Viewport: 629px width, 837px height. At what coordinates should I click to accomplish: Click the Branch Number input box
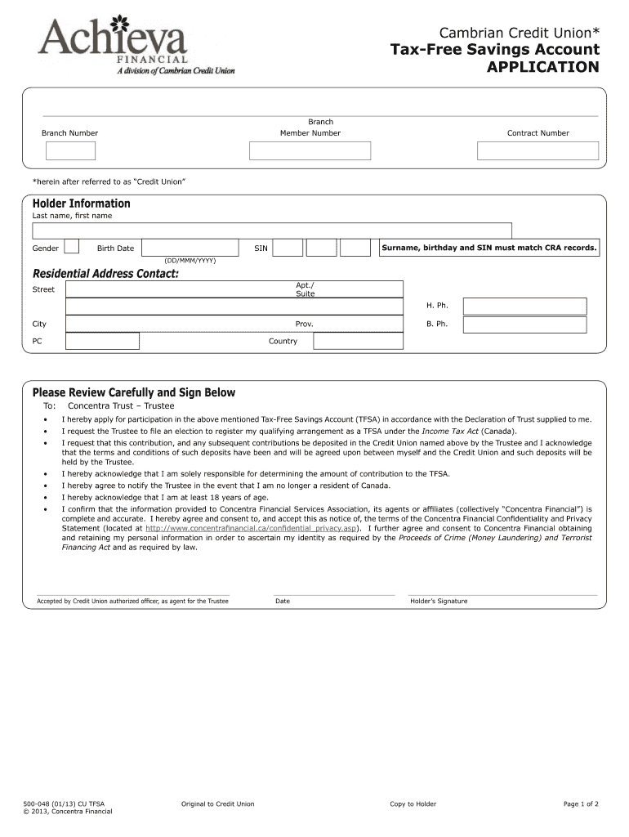(x=70, y=150)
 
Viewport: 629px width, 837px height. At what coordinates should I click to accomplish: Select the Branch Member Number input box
(x=310, y=150)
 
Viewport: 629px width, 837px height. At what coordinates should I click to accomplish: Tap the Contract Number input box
(x=538, y=150)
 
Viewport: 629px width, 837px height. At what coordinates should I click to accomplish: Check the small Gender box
(x=72, y=247)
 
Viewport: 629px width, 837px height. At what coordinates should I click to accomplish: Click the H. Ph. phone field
(x=524, y=306)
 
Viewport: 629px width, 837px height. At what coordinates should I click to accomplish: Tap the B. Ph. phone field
(x=524, y=325)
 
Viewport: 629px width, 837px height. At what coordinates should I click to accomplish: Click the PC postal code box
(x=102, y=341)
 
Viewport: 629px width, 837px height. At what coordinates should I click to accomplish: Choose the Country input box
(x=359, y=341)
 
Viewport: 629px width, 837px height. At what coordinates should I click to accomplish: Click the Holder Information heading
(x=81, y=204)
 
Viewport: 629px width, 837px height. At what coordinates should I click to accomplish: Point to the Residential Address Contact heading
(x=105, y=273)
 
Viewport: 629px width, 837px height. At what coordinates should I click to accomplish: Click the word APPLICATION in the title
(x=542, y=67)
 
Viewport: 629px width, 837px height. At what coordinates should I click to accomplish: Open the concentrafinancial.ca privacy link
(x=251, y=528)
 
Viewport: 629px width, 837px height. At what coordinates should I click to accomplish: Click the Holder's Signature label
(x=439, y=601)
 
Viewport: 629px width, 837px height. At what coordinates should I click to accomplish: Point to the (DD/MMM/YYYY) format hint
(x=190, y=261)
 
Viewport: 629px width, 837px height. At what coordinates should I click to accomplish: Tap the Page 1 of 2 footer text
(x=581, y=803)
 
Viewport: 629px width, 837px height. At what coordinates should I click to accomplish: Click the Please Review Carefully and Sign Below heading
(x=133, y=392)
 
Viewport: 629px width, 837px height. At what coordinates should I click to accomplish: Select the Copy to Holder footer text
(x=413, y=803)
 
